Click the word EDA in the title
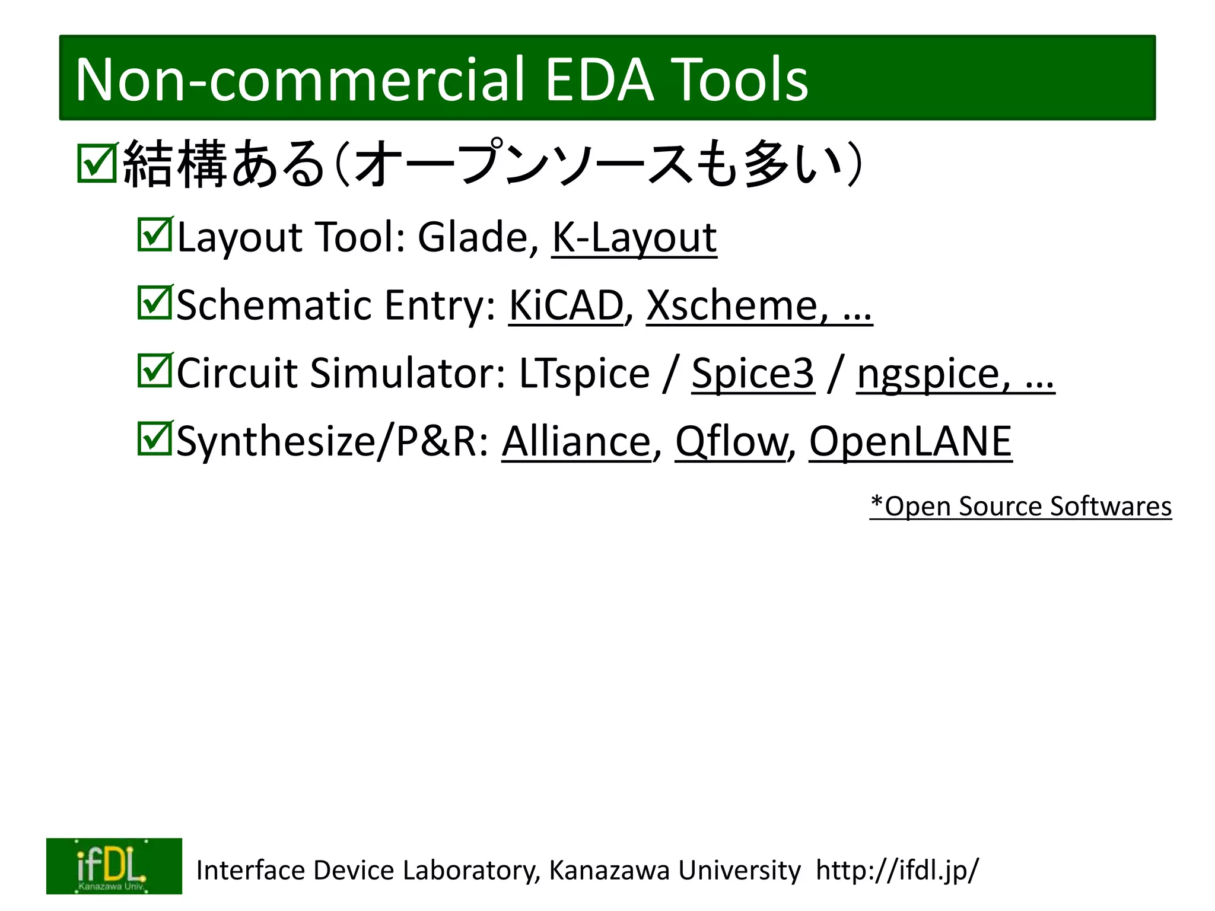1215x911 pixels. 599,79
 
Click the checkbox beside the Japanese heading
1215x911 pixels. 97,163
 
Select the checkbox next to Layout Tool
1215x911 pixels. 155,235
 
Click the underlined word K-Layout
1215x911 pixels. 634,237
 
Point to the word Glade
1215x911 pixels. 472,237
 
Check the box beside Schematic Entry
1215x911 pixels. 155,302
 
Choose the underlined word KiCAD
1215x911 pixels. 566,305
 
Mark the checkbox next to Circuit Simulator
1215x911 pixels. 155,371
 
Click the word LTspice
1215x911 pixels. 584,374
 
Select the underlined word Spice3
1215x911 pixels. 753,374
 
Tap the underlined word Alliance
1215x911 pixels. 576,442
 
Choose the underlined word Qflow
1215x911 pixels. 730,442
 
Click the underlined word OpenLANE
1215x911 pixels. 910,442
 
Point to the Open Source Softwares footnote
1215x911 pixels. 1020,507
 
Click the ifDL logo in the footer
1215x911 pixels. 114,865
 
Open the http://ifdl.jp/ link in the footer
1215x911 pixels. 897,870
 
